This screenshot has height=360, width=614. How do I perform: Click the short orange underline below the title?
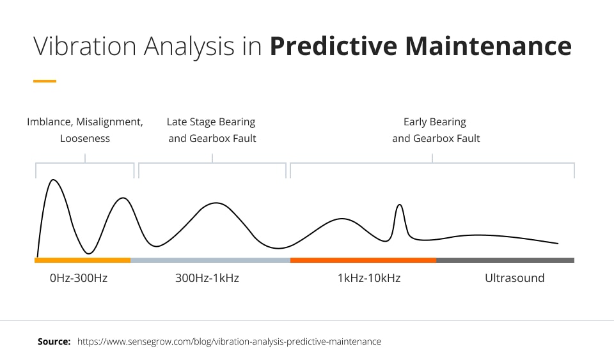tap(44, 81)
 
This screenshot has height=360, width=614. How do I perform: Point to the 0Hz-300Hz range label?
tap(78, 278)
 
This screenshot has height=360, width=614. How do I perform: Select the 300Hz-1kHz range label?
tap(207, 278)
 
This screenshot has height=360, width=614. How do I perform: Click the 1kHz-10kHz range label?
tap(368, 278)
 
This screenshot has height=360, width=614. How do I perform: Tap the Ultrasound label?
tap(514, 278)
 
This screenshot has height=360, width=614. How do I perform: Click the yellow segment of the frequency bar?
tap(83, 260)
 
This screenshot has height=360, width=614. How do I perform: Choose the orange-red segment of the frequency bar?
tap(363, 260)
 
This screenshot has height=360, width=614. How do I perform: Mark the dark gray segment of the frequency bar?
tap(505, 260)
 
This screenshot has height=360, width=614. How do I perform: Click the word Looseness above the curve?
tap(85, 138)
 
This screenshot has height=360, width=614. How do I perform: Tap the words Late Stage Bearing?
tap(211, 121)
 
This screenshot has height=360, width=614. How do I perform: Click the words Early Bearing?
tap(435, 121)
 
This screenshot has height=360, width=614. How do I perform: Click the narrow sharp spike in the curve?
tap(400, 205)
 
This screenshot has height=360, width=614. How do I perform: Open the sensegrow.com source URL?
tap(229, 341)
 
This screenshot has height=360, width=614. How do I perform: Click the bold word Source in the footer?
tap(54, 341)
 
